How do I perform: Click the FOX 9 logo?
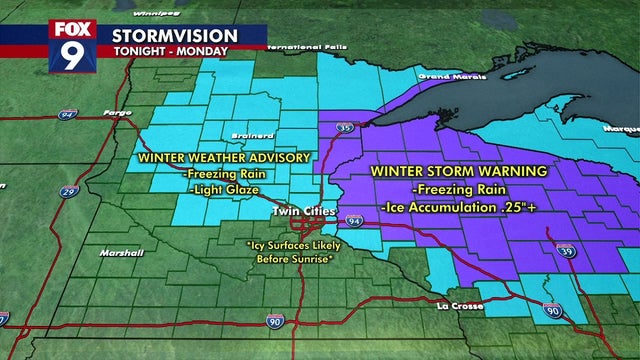[x=72, y=45]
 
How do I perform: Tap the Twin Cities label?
[x=299, y=212]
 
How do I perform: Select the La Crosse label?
[x=457, y=305]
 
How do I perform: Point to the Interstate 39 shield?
[x=563, y=250]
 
